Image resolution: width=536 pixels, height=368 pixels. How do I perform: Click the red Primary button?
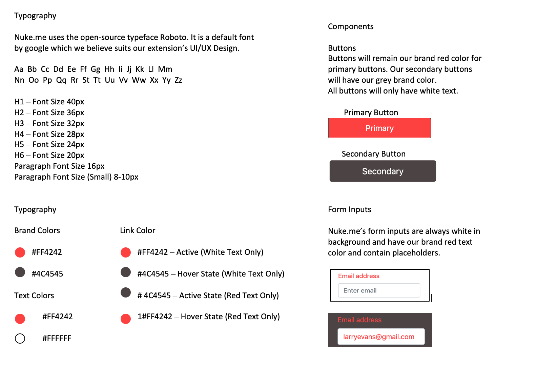coord(379,128)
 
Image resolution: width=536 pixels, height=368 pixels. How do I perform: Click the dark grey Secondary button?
coord(383,171)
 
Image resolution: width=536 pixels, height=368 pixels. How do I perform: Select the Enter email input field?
coord(379,290)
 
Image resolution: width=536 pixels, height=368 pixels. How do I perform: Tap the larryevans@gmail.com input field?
coord(381,336)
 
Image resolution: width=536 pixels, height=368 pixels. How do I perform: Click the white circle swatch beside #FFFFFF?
coord(20,338)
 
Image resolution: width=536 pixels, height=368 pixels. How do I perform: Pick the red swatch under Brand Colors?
coord(20,252)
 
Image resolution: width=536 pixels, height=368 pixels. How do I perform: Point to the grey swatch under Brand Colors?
coord(20,272)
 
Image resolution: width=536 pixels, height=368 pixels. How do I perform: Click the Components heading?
coord(351,26)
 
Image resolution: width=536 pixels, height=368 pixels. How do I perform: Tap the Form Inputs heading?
coord(349,209)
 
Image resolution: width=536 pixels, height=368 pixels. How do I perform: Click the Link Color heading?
coord(138,230)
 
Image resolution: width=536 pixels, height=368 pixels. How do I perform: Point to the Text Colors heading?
coord(34,295)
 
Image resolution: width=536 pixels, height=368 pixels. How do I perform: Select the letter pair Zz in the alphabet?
coord(178,80)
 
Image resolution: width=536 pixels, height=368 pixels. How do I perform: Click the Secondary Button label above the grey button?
coord(373,154)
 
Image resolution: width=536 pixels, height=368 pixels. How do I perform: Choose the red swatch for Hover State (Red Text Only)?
coord(126,319)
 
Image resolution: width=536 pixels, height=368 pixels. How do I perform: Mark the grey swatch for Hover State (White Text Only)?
coord(126,272)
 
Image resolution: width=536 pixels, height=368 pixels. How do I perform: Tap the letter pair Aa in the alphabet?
coord(19,69)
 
